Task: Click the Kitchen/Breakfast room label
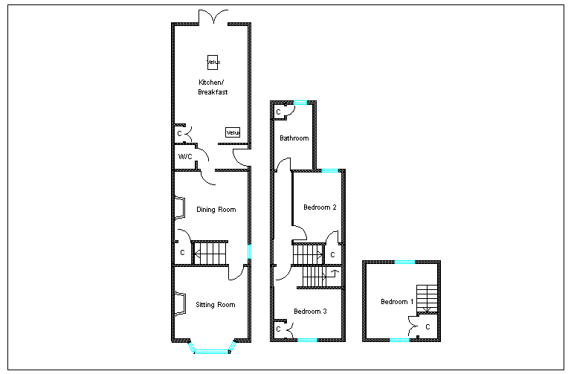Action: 213,87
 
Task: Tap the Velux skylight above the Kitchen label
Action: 213,62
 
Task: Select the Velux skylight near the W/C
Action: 233,132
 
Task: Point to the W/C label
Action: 185,157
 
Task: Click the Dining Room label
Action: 216,210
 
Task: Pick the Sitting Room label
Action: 215,305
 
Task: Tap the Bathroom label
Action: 294,138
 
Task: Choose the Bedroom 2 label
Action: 320,207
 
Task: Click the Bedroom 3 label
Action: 310,312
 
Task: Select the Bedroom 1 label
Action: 397,302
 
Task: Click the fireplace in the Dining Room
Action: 180,208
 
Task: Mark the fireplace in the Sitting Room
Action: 180,304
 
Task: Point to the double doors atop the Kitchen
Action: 213,17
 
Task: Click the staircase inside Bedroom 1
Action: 427,299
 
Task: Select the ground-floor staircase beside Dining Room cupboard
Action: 210,253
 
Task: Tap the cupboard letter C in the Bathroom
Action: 279,112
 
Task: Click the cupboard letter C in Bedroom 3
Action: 279,329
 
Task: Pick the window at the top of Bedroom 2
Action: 330,170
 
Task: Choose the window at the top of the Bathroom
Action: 300,103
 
